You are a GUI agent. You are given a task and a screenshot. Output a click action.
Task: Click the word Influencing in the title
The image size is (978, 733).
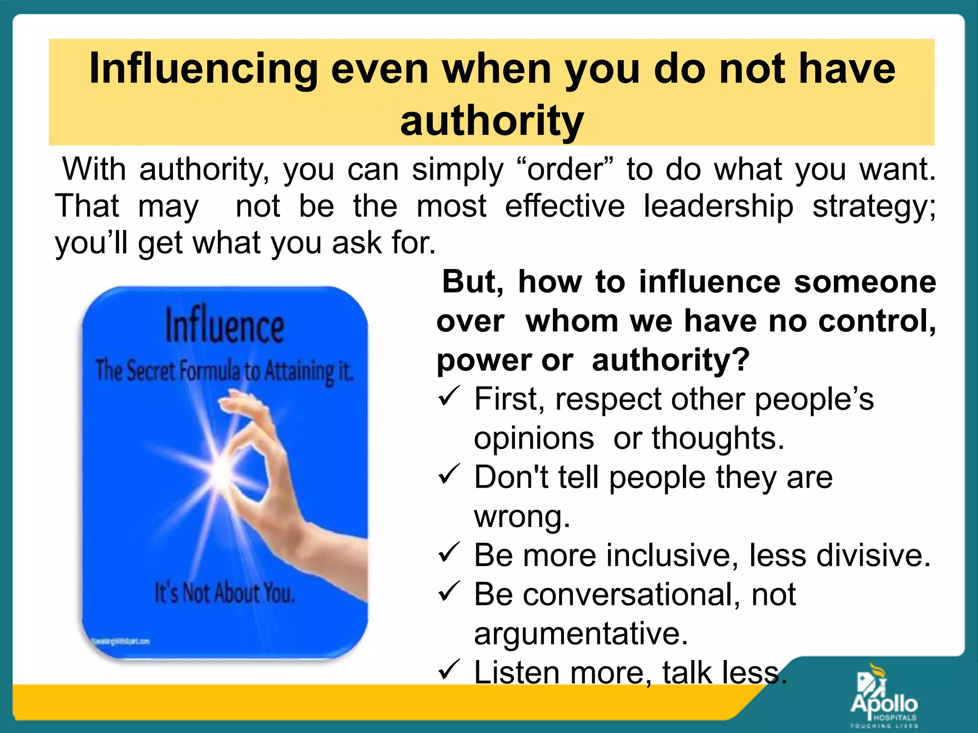click(203, 70)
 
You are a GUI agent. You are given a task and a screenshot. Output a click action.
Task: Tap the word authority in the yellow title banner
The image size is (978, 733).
click(492, 121)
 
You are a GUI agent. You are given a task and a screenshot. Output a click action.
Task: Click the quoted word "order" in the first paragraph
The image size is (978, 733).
click(565, 169)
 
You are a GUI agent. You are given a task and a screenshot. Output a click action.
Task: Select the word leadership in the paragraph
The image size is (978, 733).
click(718, 206)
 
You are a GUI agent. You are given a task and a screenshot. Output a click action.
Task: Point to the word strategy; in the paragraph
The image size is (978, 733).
click(874, 207)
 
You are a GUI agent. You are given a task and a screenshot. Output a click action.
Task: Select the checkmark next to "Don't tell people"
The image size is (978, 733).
click(449, 475)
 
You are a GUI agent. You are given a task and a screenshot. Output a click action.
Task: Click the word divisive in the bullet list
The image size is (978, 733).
click(873, 555)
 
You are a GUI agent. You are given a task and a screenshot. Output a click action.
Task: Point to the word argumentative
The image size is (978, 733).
click(581, 634)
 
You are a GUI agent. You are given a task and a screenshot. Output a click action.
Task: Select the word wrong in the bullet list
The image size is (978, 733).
click(521, 517)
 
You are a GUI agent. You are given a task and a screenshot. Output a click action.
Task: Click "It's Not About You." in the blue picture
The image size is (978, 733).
click(225, 593)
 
